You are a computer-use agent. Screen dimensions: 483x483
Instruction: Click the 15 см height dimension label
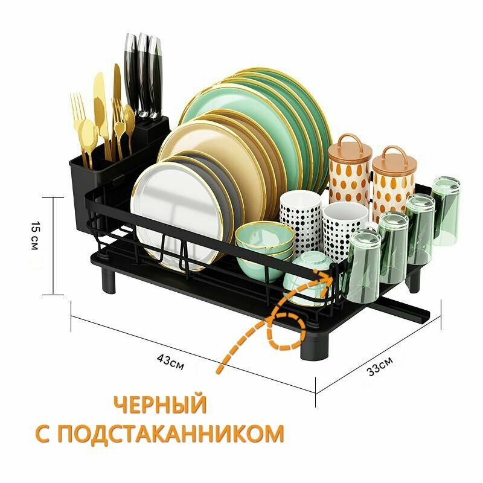pos(36,237)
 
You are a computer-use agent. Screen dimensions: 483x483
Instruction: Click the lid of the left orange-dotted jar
pos(350,147)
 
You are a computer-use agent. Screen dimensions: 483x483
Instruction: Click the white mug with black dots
pos(300,219)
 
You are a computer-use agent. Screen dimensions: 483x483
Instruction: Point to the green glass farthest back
pos(446,208)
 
